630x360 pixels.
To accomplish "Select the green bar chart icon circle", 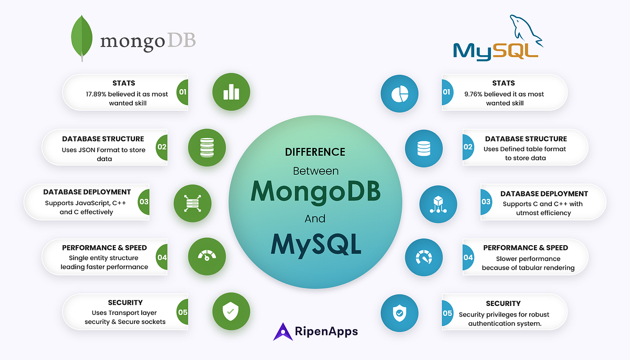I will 231,92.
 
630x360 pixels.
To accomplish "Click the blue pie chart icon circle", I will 400,93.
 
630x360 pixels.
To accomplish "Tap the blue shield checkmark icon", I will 400,313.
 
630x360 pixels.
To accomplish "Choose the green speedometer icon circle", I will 206,257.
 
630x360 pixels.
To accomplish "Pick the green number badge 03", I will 143,202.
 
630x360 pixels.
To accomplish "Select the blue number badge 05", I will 447,313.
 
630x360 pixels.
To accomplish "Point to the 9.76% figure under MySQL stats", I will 477,94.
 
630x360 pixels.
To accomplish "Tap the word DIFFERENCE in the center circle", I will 315,152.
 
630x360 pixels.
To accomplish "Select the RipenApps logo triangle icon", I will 283,332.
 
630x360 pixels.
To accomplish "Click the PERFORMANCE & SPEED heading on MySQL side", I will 526,248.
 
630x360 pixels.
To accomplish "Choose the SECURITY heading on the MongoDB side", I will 125,302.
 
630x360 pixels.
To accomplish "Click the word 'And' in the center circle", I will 315,218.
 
